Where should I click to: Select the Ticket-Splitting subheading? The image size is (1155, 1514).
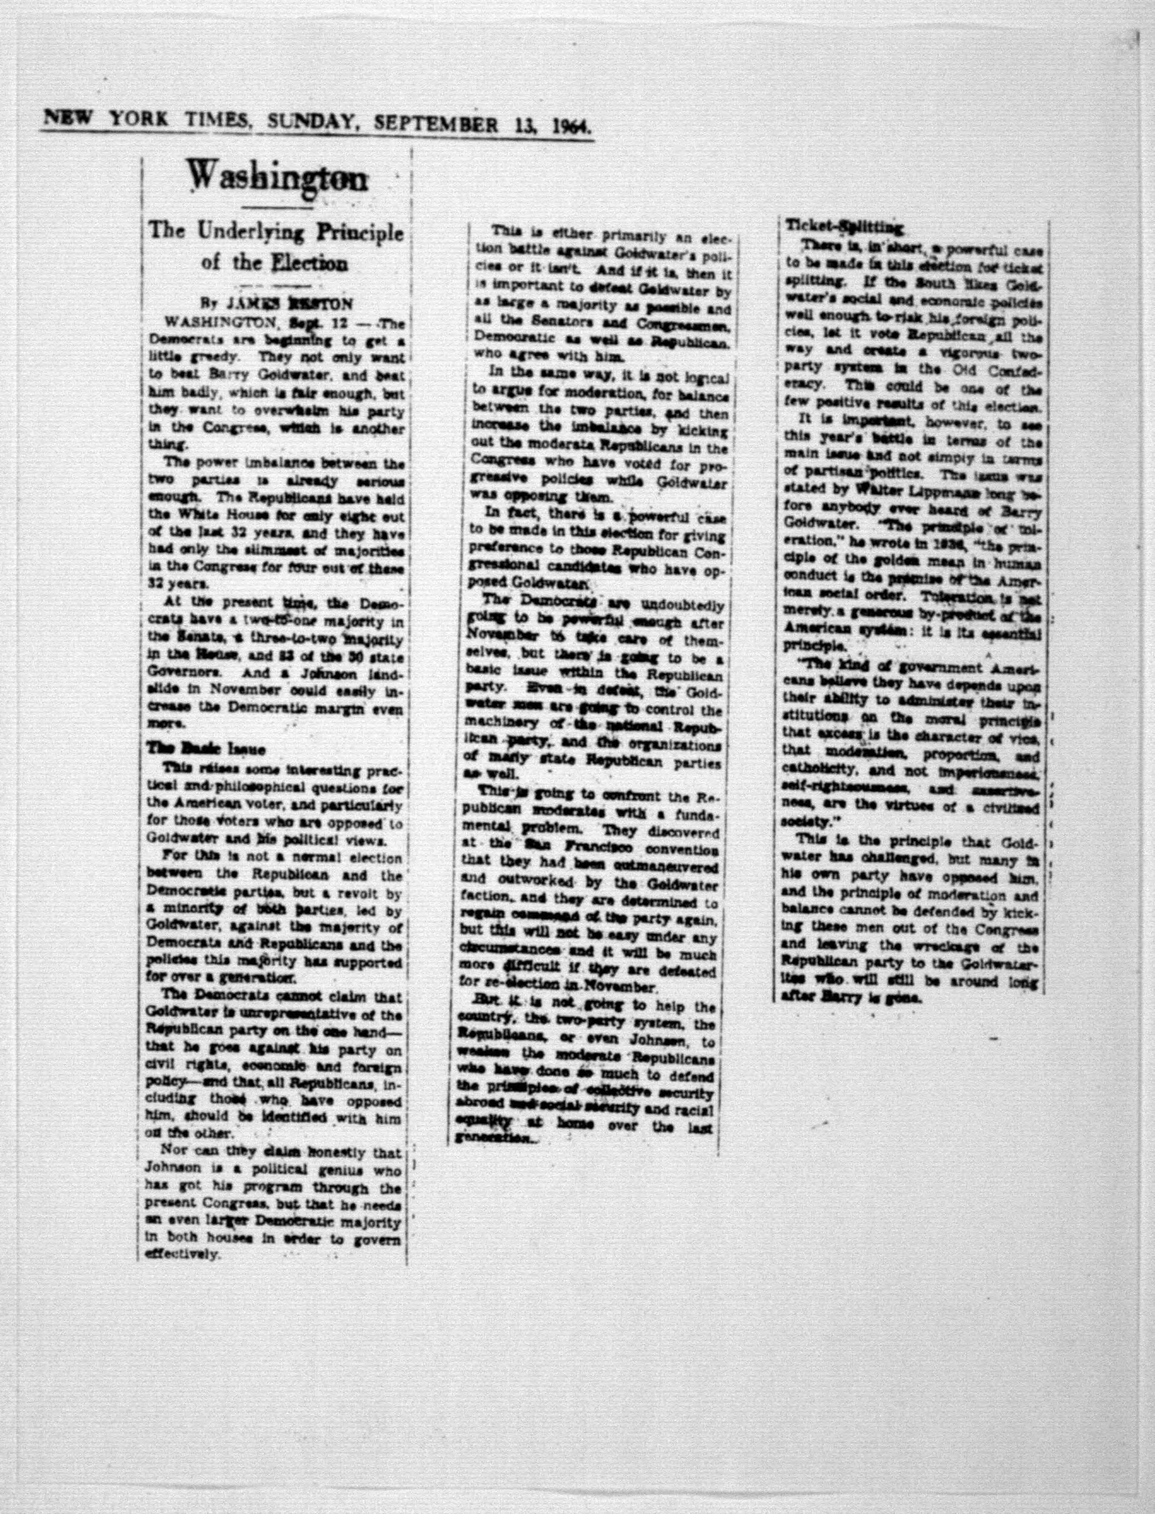(843, 227)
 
